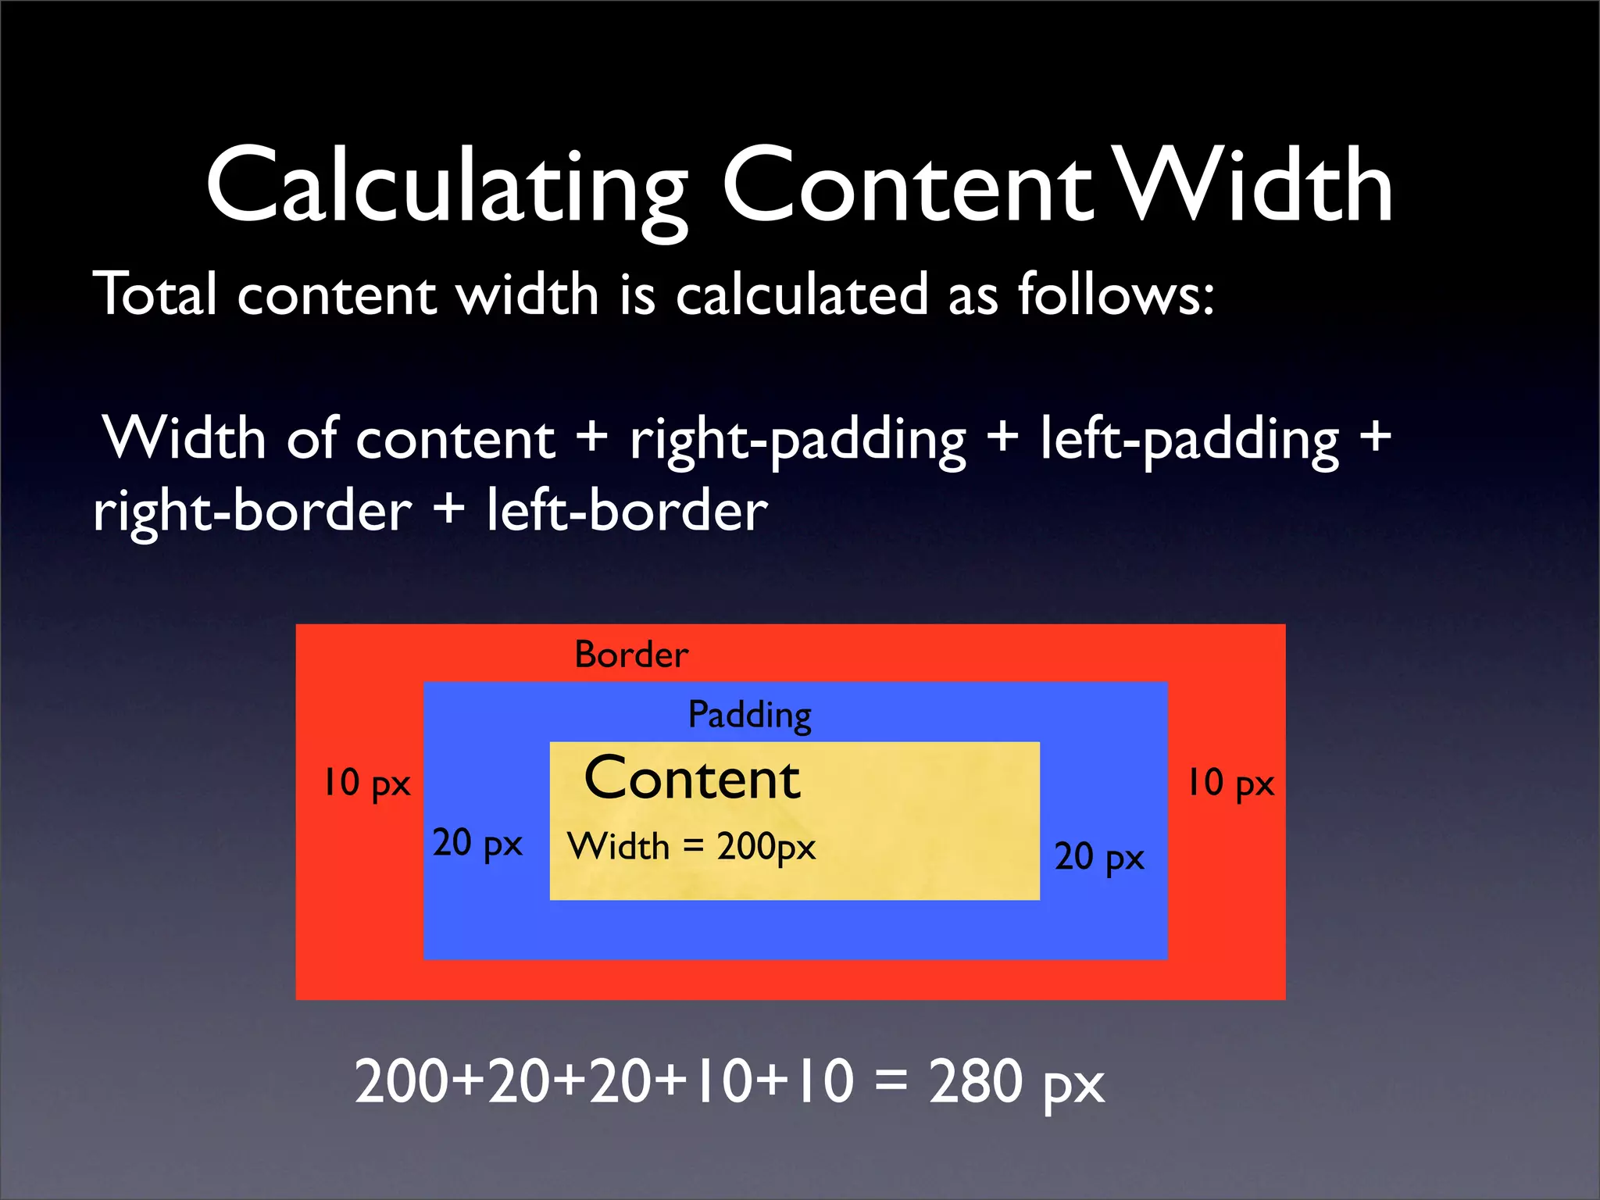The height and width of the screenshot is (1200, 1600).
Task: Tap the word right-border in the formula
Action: tap(252, 512)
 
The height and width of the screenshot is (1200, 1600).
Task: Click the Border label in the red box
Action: tap(631, 655)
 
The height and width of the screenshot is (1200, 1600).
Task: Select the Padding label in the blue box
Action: tap(749, 715)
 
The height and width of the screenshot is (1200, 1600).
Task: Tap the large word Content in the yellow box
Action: tap(692, 779)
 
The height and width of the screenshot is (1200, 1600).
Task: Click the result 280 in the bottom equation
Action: tap(975, 1081)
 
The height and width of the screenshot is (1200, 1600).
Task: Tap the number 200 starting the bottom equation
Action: tap(402, 1081)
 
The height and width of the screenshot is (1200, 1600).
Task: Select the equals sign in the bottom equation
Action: tap(891, 1083)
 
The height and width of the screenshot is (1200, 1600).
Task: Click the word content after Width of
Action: tap(455, 439)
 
